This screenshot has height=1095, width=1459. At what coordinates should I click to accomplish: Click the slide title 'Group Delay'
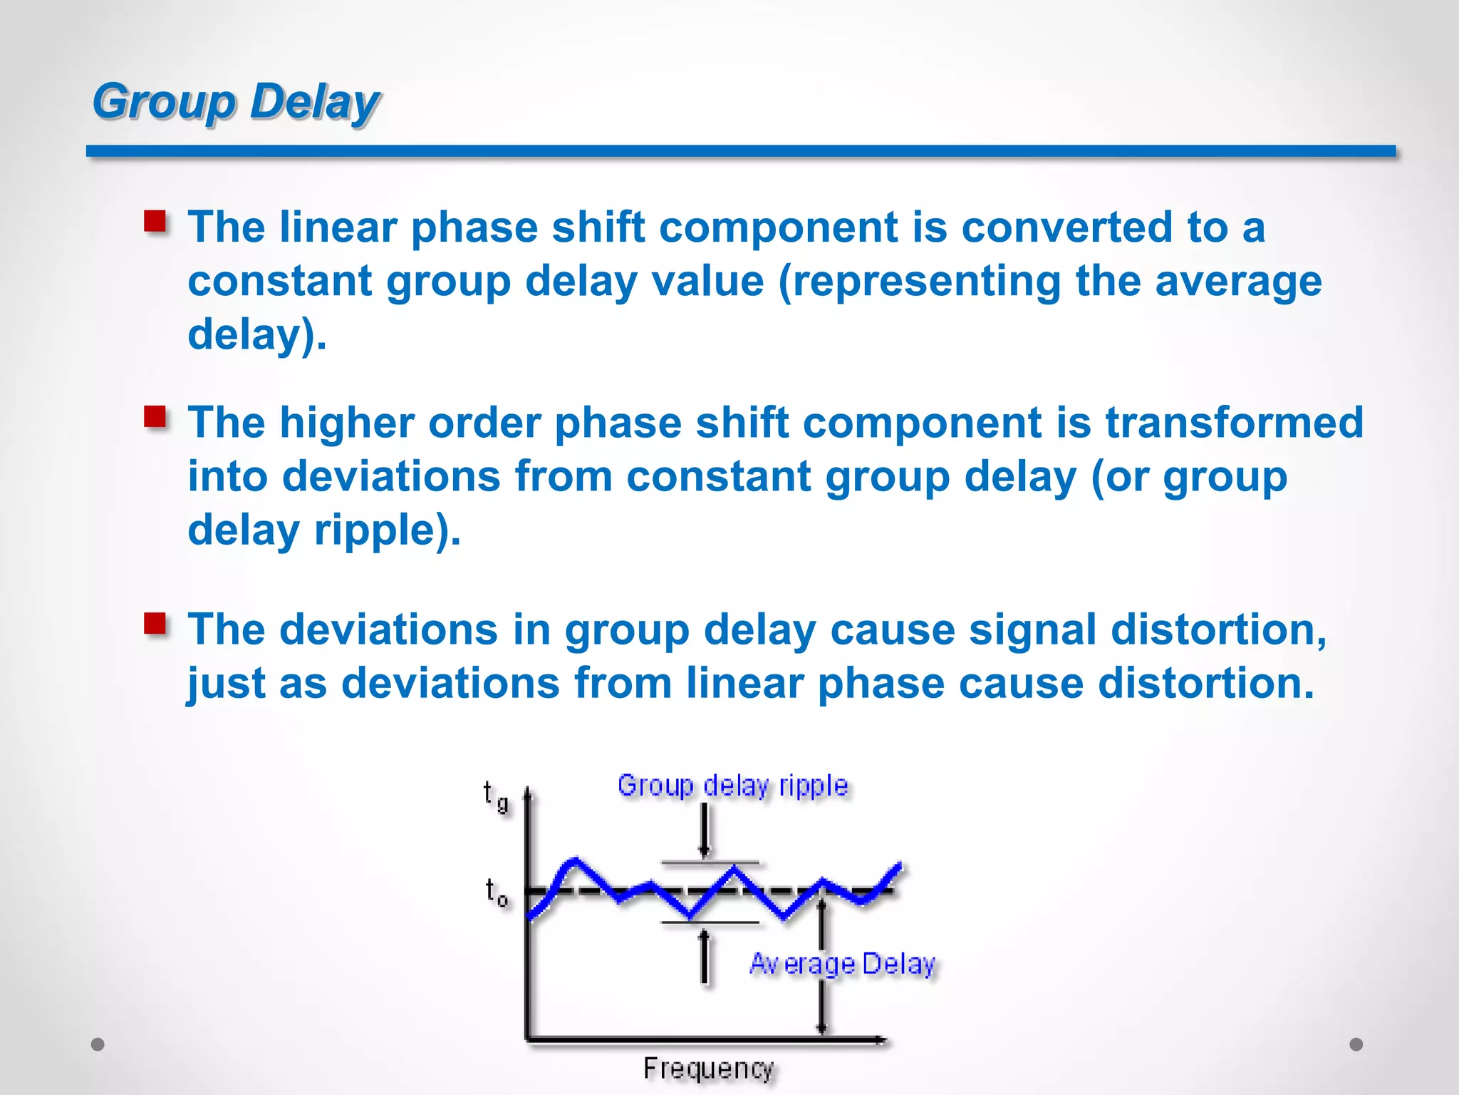(236, 101)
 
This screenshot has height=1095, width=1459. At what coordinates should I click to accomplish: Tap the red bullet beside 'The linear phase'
(155, 222)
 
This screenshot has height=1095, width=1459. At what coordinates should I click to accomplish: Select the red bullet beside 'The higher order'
(155, 417)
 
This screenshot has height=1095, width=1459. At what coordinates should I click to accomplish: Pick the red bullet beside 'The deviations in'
(155, 624)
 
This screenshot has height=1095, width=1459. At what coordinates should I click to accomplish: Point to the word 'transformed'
(1234, 423)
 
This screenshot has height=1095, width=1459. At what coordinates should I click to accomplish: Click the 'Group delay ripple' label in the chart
(732, 786)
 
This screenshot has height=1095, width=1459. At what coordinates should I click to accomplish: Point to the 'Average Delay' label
(843, 964)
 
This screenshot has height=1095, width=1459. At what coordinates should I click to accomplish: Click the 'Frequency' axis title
(708, 1069)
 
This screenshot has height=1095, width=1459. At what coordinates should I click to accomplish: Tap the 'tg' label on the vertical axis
(495, 796)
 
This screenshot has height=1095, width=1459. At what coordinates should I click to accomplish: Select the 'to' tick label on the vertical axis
(497, 893)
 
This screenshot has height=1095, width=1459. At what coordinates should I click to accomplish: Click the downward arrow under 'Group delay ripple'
(705, 831)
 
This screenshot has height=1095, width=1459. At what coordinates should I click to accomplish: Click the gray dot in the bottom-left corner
(98, 1044)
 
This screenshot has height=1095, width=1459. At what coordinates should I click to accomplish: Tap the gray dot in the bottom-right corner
(1356, 1044)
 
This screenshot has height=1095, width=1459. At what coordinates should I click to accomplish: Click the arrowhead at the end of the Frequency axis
(882, 1040)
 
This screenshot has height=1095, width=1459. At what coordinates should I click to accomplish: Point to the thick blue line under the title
(741, 151)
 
